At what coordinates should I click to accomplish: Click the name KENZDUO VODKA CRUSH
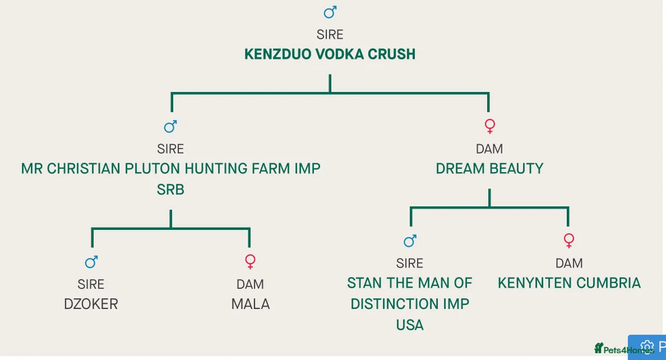pos(330,54)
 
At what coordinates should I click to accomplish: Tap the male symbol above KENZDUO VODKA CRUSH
pos(331,12)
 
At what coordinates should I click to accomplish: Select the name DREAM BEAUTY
pos(489,169)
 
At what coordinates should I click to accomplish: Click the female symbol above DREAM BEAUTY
pos(490,126)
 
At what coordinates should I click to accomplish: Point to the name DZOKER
pos(91,304)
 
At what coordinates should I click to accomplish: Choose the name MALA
pos(250,304)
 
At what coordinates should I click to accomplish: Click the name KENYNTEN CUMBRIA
pos(569,283)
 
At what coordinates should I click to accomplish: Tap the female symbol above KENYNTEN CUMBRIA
pos(569,240)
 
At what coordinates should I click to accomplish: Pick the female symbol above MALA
pos(250,261)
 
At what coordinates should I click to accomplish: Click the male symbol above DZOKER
pos(91,262)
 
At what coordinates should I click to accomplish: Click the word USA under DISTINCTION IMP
pos(409,325)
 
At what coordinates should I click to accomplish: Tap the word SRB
pos(170,190)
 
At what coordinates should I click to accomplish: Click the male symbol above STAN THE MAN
pos(410,240)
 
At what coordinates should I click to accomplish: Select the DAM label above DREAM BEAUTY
pos(489,149)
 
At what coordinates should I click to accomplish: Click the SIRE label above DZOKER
pos(91,284)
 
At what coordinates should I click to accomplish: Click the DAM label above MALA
pos(250,284)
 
